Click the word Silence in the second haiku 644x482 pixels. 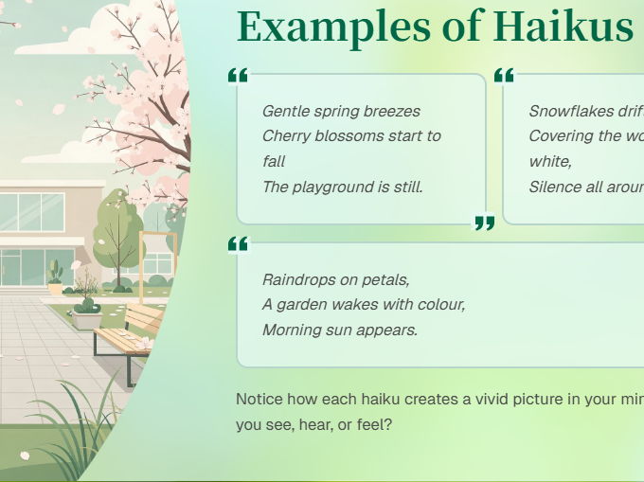pos(555,187)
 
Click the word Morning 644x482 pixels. pos(292,330)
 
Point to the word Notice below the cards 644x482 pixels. pos(259,399)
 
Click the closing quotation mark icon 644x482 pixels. pos(484,224)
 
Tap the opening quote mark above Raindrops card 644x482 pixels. pos(238,245)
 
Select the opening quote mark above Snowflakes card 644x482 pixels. pos(504,76)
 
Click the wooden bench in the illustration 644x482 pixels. pos(128,336)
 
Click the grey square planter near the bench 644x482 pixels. pos(87,317)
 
